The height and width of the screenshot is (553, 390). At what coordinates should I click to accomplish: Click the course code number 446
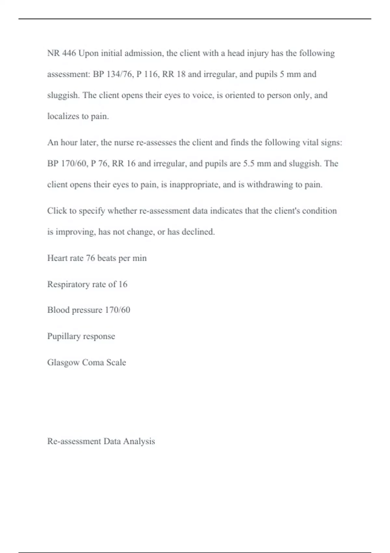click(69, 53)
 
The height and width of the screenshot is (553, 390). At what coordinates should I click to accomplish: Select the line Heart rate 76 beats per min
click(97, 258)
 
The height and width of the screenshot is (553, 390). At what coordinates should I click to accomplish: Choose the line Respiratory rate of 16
click(87, 284)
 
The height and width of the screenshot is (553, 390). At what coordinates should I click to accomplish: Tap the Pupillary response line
click(81, 336)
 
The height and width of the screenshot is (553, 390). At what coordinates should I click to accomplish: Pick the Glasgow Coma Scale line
click(86, 362)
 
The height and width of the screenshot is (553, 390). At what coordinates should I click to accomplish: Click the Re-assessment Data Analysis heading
click(101, 441)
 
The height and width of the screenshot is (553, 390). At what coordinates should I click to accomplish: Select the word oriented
click(240, 95)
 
